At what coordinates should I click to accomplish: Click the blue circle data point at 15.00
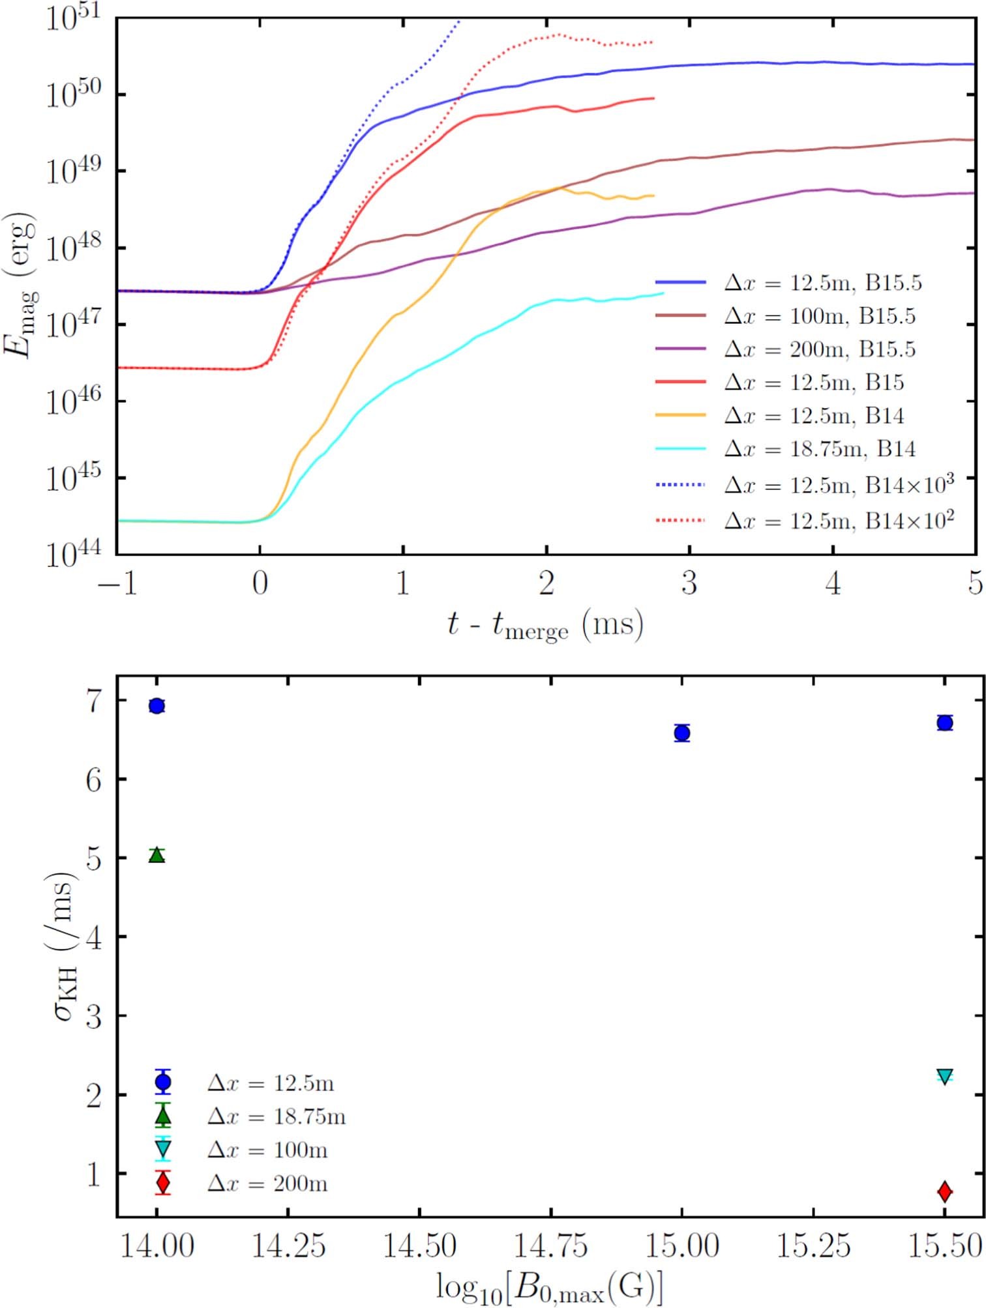point(682,733)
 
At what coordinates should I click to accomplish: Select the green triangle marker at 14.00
point(157,855)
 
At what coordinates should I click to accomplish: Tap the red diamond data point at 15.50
point(944,1191)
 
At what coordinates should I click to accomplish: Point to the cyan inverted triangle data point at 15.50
point(944,1076)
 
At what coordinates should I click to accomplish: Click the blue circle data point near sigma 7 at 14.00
point(157,706)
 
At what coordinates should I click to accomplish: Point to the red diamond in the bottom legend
point(163,1183)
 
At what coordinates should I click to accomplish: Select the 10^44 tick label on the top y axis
point(72,555)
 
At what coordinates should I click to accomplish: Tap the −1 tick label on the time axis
point(117,583)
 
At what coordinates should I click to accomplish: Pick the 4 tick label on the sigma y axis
point(93,938)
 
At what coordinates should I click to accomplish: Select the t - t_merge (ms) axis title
point(545,624)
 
